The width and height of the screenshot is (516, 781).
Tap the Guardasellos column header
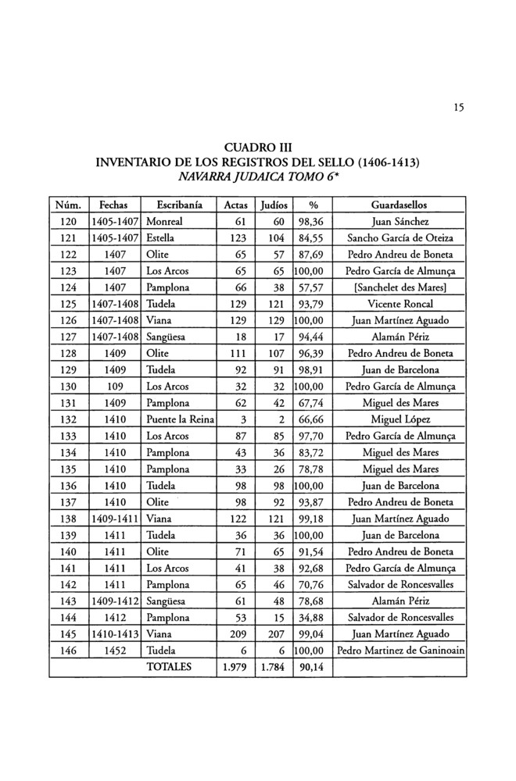click(x=400, y=205)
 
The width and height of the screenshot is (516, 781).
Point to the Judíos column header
click(x=274, y=205)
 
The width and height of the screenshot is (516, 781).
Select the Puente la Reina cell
click(x=179, y=419)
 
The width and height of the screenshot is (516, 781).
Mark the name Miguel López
click(x=400, y=419)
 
